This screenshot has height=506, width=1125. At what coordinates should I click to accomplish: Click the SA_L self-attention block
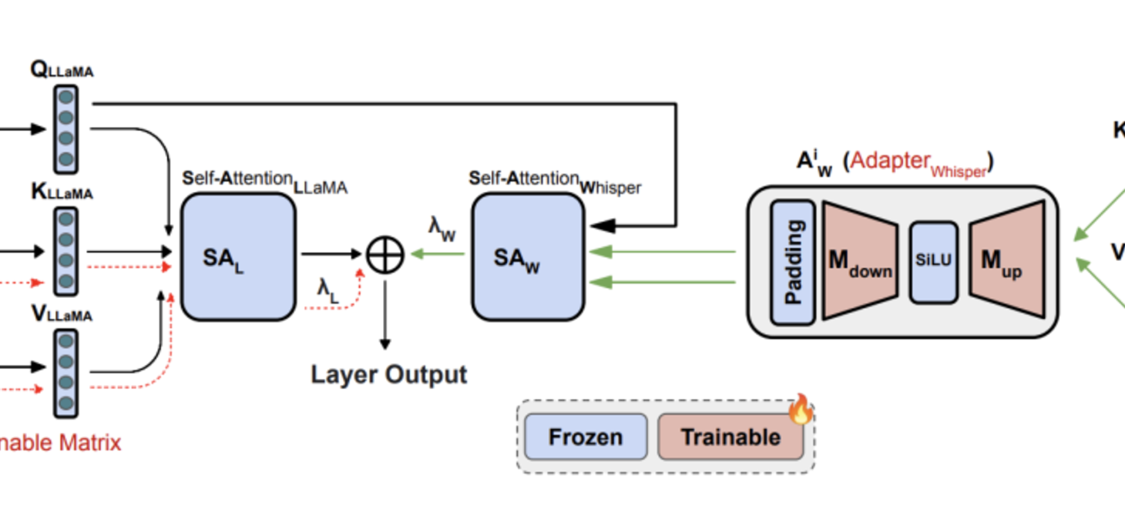click(x=238, y=256)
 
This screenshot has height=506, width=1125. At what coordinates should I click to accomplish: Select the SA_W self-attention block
click(x=528, y=256)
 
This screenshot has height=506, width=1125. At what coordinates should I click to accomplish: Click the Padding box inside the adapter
click(x=793, y=262)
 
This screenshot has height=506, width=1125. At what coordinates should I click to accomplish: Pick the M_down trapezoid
click(x=859, y=260)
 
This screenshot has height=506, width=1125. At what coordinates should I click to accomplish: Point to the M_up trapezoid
click(x=1006, y=260)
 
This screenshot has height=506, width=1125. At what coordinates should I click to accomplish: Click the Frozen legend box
click(x=586, y=437)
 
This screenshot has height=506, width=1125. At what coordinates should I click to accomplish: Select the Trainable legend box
click(x=730, y=437)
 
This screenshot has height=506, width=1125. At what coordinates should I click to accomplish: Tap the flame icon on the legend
click(x=801, y=410)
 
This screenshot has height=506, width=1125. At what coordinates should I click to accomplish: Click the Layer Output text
click(x=388, y=374)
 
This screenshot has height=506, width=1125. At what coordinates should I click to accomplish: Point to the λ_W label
click(x=442, y=229)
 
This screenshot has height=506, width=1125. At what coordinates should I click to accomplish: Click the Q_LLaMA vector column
click(x=66, y=129)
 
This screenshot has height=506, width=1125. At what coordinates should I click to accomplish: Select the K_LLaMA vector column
click(x=66, y=250)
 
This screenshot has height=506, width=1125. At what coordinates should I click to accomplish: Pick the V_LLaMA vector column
click(x=66, y=373)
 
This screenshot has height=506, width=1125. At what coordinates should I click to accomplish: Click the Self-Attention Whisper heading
click(x=554, y=181)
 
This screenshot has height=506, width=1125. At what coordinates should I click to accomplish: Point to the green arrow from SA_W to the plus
click(x=437, y=253)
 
